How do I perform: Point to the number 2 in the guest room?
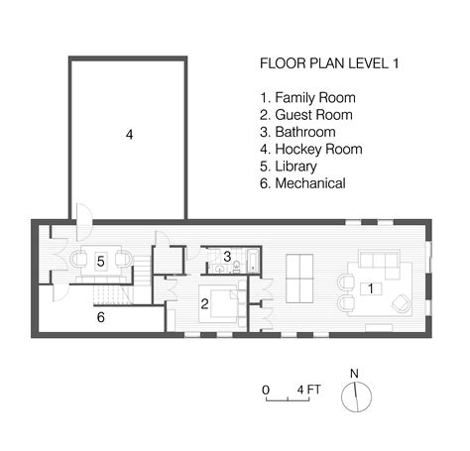tap(204, 304)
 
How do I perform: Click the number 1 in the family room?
tap(370, 288)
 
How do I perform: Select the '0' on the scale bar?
tap(266, 390)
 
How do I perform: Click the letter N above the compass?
tap(354, 374)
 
